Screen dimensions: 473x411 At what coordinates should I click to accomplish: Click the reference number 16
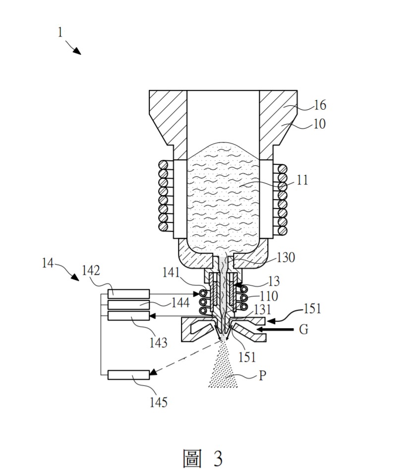point(320,105)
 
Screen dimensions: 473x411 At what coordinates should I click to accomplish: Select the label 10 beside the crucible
point(319,124)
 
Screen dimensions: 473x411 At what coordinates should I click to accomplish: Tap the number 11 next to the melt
point(302,180)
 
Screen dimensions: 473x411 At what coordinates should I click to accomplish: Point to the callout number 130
point(286,257)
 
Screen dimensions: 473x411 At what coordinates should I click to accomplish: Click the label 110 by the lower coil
point(268,296)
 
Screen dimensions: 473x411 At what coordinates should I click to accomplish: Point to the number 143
point(159,342)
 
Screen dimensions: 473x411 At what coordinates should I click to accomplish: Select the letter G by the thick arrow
point(304,329)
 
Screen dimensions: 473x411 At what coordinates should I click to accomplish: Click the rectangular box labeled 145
point(128,375)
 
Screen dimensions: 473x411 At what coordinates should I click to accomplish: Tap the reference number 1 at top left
point(60,33)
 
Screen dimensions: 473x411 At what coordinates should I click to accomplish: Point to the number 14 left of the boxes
point(49,263)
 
